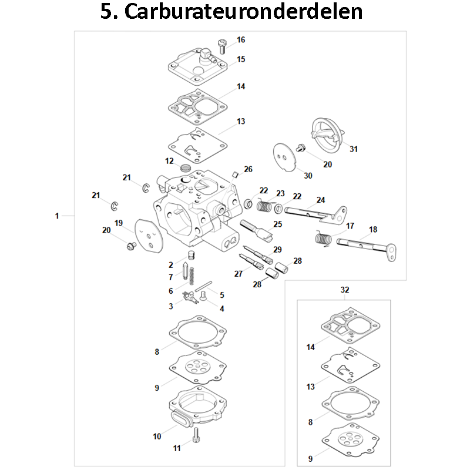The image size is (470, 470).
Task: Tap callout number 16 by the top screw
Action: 241,40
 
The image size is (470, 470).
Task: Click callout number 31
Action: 354,149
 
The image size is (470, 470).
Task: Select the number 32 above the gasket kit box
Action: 345,290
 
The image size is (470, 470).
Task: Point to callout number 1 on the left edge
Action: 57,216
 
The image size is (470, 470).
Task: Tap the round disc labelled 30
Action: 286,156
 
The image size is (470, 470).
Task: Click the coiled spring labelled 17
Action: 321,239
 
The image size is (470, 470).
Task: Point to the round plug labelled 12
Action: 186,169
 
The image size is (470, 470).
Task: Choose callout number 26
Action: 248,169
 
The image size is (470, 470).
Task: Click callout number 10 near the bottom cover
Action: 157,437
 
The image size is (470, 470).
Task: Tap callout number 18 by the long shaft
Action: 373,229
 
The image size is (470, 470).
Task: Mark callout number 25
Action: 277,224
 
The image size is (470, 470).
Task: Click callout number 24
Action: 320,200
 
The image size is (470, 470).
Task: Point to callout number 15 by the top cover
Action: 241,59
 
